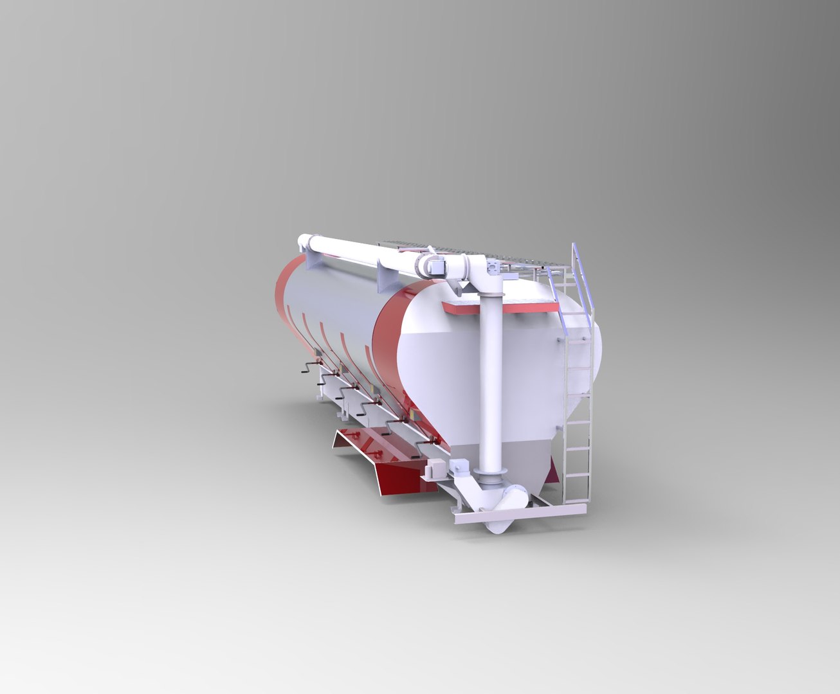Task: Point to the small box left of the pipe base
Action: pyautogui.click(x=459, y=468)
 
